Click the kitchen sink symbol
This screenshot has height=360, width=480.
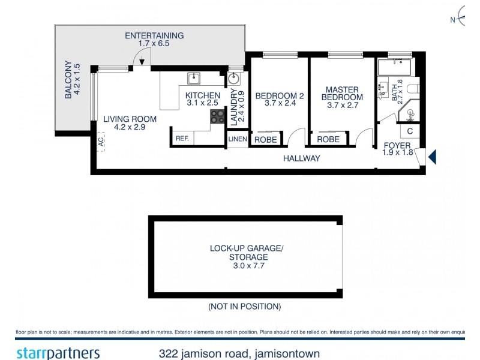pyautogui.click(x=194, y=79)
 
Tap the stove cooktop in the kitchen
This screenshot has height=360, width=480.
pyautogui.click(x=215, y=116)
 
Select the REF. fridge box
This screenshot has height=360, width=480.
pyautogui.click(x=182, y=139)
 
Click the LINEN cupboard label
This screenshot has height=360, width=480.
pyautogui.click(x=236, y=139)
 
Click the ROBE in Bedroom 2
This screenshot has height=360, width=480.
pyautogui.click(x=265, y=139)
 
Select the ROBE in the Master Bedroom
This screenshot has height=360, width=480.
pyautogui.click(x=328, y=139)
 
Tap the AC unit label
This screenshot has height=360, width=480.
pyautogui.click(x=101, y=142)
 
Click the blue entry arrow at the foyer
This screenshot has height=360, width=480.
pyautogui.click(x=431, y=158)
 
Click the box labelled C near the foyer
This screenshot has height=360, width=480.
pyautogui.click(x=410, y=131)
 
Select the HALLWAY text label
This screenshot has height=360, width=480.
pyautogui.click(x=302, y=158)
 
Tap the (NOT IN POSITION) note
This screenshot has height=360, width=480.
pyautogui.click(x=244, y=307)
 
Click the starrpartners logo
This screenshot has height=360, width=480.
pyautogui.click(x=58, y=353)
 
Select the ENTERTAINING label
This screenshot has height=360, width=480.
pyautogui.click(x=154, y=35)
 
